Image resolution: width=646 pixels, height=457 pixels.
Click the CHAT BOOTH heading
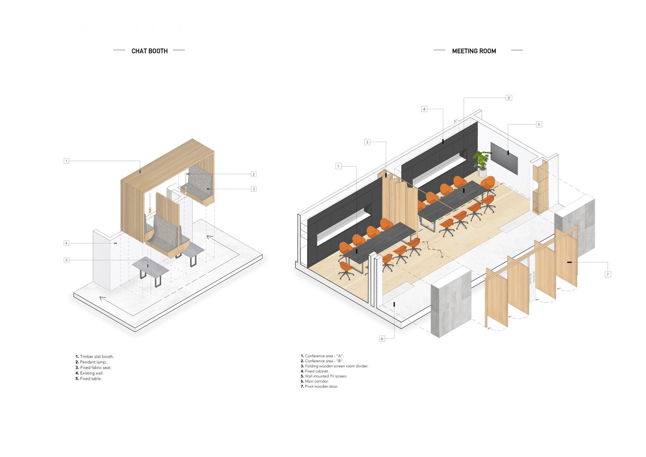tap(149, 51)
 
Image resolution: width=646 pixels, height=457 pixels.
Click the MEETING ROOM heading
tap(474, 51)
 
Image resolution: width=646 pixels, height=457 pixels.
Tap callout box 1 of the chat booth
tap(66, 161)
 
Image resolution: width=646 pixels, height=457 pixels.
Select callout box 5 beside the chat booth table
tap(66, 260)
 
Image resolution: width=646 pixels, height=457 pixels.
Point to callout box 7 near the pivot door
tap(608, 274)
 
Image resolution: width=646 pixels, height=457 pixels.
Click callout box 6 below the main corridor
tap(382, 339)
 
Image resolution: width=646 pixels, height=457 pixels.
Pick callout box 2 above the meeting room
tap(509, 98)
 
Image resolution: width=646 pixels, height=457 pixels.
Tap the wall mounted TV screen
tap(504, 158)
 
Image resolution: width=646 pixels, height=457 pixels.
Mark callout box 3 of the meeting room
tap(367, 142)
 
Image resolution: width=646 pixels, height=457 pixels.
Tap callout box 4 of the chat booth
tap(66, 243)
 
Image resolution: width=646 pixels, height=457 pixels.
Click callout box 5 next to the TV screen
tap(539, 124)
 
